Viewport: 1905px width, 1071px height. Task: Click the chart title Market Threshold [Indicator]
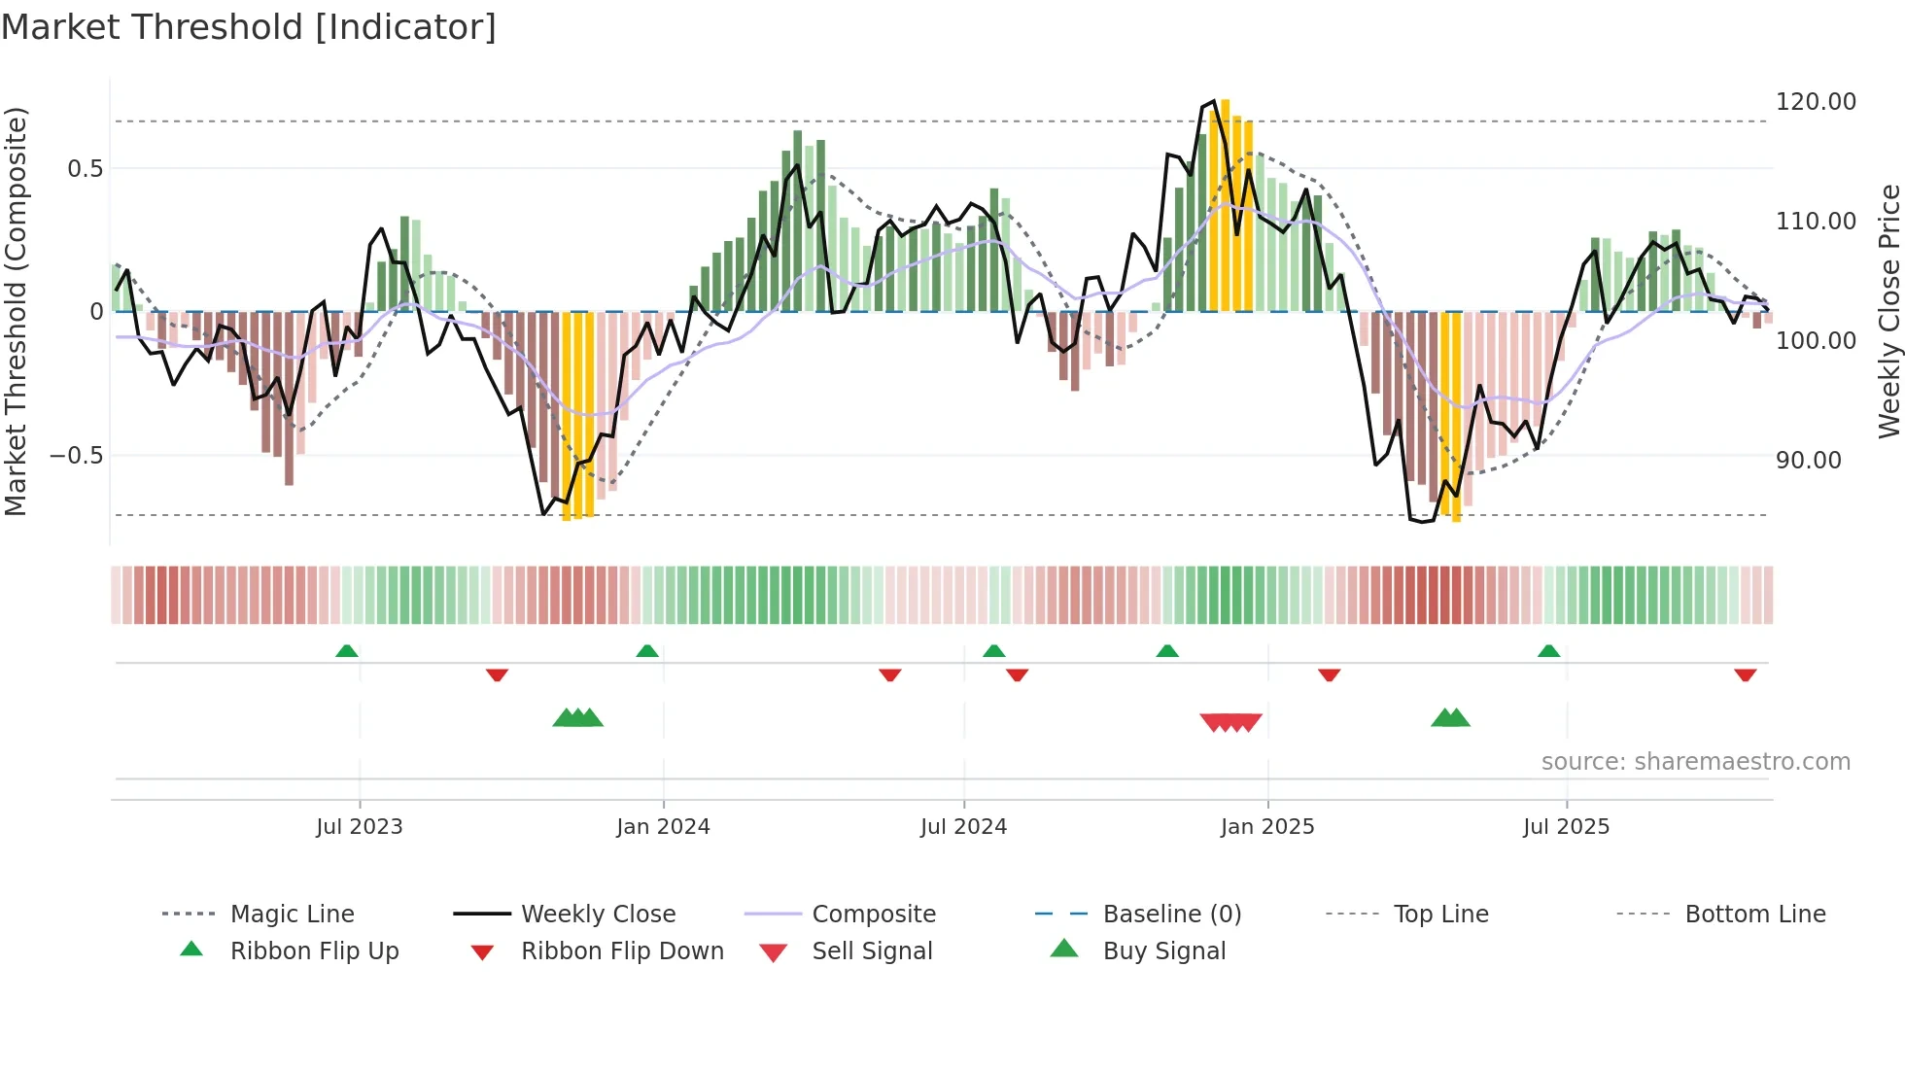(x=249, y=27)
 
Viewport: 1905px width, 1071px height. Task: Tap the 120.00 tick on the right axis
(x=1815, y=102)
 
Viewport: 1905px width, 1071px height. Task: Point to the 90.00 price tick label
(x=1808, y=461)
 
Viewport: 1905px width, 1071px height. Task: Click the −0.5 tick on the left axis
(x=76, y=456)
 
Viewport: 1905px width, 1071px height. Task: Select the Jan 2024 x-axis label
(x=663, y=827)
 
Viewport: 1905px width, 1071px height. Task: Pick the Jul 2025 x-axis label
(x=1566, y=827)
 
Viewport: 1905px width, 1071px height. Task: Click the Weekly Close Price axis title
(x=1888, y=311)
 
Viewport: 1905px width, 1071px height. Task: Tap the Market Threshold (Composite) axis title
(x=16, y=311)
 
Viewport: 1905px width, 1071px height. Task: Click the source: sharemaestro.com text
(x=1695, y=762)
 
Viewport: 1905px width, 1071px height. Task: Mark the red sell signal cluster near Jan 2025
(x=1230, y=722)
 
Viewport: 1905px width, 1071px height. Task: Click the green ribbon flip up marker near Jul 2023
(x=347, y=651)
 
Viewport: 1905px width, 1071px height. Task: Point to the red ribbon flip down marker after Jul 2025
(x=1745, y=674)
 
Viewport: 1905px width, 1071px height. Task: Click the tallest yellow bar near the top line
(x=1225, y=204)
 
